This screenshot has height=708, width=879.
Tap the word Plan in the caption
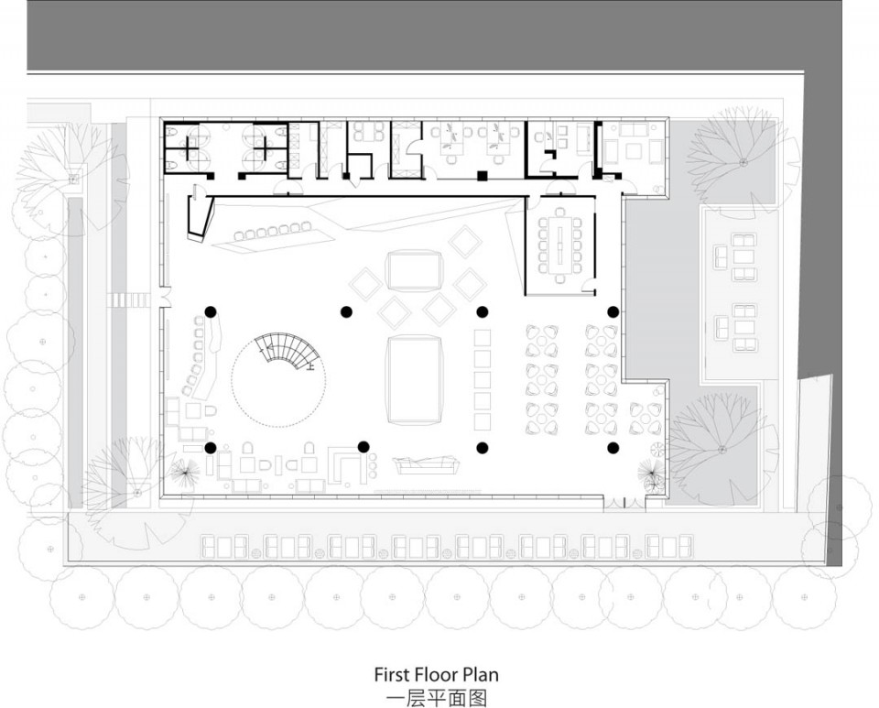point(482,674)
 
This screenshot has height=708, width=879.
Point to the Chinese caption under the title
point(437,698)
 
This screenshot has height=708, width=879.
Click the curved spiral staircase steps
point(287,351)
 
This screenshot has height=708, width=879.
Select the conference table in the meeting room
point(561,245)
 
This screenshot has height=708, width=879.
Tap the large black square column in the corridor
point(482,175)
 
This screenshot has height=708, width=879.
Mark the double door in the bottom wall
point(623,504)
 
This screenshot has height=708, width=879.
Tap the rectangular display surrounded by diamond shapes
point(414,271)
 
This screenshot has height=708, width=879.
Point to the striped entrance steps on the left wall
point(128,300)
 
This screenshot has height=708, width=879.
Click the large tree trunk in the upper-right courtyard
point(743,162)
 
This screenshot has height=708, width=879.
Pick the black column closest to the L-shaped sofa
point(364,446)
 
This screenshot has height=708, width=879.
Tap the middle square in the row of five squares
point(483,379)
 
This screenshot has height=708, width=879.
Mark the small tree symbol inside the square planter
point(73,180)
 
